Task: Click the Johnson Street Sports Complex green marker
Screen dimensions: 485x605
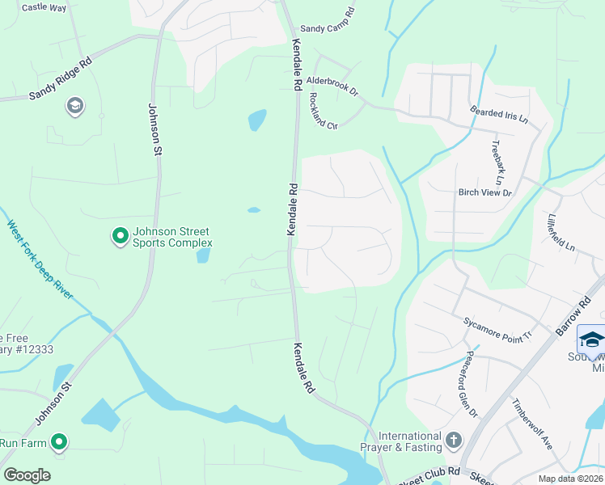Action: tap(120, 236)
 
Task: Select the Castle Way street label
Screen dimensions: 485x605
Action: tap(44, 7)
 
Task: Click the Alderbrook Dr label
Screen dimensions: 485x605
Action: tap(332, 86)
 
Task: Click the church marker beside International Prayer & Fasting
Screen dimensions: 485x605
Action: tap(454, 441)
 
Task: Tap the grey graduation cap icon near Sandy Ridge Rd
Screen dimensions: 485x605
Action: tap(75, 107)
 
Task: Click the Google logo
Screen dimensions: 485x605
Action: tap(27, 475)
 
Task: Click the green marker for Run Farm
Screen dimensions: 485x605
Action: tap(59, 442)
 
